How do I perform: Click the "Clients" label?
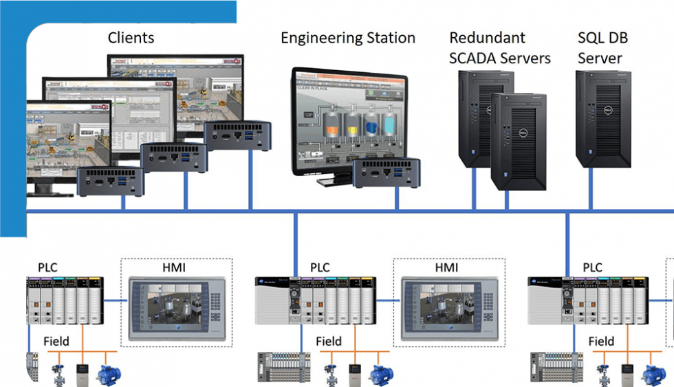131,37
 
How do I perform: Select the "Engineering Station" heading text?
347,37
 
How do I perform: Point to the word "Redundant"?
486,37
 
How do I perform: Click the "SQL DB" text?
602,37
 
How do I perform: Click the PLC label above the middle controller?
320,267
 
